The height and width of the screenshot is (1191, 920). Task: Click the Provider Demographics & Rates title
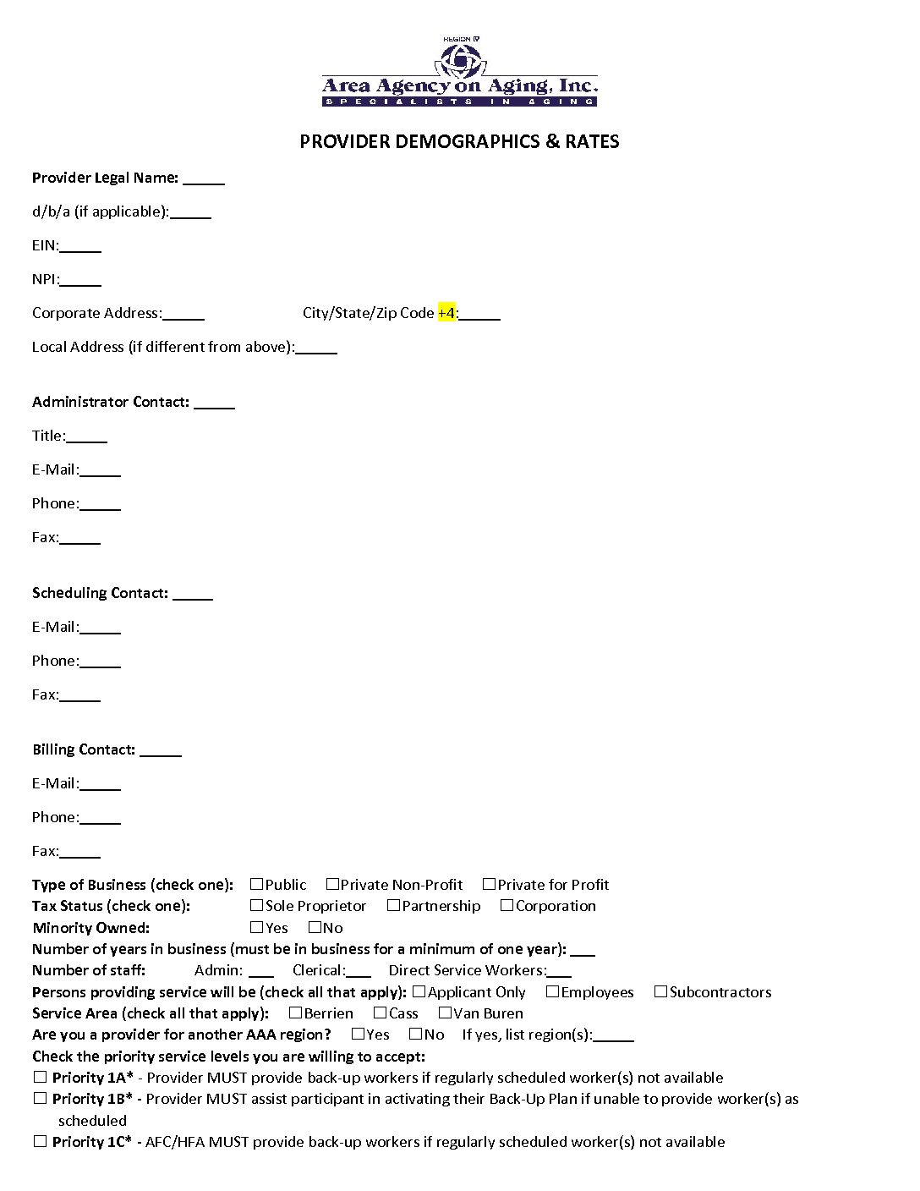click(x=459, y=141)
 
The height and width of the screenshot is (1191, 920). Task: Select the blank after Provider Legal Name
click(x=204, y=179)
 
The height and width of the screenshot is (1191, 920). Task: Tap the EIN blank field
click(x=80, y=247)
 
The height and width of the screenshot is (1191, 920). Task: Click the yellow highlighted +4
click(x=446, y=313)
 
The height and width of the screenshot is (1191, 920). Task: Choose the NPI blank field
click(x=80, y=281)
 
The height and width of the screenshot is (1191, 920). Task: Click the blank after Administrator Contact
click(x=214, y=403)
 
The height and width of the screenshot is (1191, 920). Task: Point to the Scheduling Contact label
click(x=100, y=593)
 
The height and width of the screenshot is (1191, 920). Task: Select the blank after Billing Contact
click(x=161, y=751)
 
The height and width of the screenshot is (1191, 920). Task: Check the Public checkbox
click(x=257, y=884)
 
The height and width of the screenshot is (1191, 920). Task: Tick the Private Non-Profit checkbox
click(x=332, y=884)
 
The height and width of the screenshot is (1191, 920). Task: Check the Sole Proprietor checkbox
click(x=257, y=905)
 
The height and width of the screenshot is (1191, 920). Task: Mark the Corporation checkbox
click(x=507, y=905)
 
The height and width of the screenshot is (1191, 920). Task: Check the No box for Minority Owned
click(x=315, y=927)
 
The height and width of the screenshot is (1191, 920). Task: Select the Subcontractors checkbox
click(x=660, y=991)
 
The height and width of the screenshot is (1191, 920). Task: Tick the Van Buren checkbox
click(x=445, y=1013)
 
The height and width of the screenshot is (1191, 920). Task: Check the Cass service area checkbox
click(x=380, y=1013)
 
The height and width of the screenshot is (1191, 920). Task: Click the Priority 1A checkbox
click(x=40, y=1077)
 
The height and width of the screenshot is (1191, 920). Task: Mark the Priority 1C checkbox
click(x=40, y=1141)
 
